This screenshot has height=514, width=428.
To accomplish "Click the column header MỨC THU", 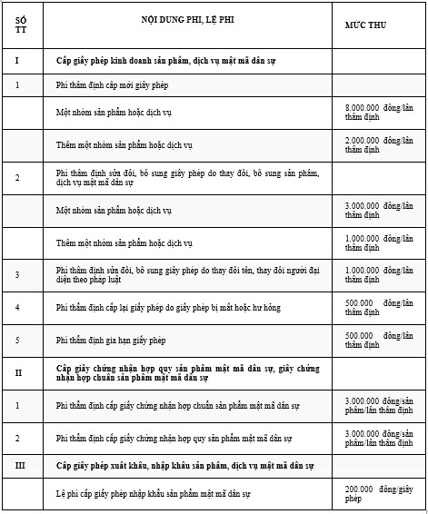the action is pyautogui.click(x=365, y=25).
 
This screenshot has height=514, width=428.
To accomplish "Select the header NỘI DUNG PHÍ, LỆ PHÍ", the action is pyautogui.click(x=189, y=20).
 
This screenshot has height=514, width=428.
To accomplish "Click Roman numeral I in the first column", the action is pyautogui.click(x=17, y=61).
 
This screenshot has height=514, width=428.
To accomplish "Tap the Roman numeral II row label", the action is pyautogui.click(x=17, y=372).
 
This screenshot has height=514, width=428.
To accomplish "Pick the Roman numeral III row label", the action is pyautogui.click(x=17, y=465).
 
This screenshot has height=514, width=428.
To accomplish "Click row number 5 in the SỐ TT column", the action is pyautogui.click(x=17, y=340).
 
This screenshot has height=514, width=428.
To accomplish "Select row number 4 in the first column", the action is pyautogui.click(x=17, y=308).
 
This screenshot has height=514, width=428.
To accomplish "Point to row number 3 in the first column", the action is pyautogui.click(x=17, y=275).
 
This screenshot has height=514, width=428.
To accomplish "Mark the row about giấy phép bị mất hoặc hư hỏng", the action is pyautogui.click(x=168, y=308).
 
